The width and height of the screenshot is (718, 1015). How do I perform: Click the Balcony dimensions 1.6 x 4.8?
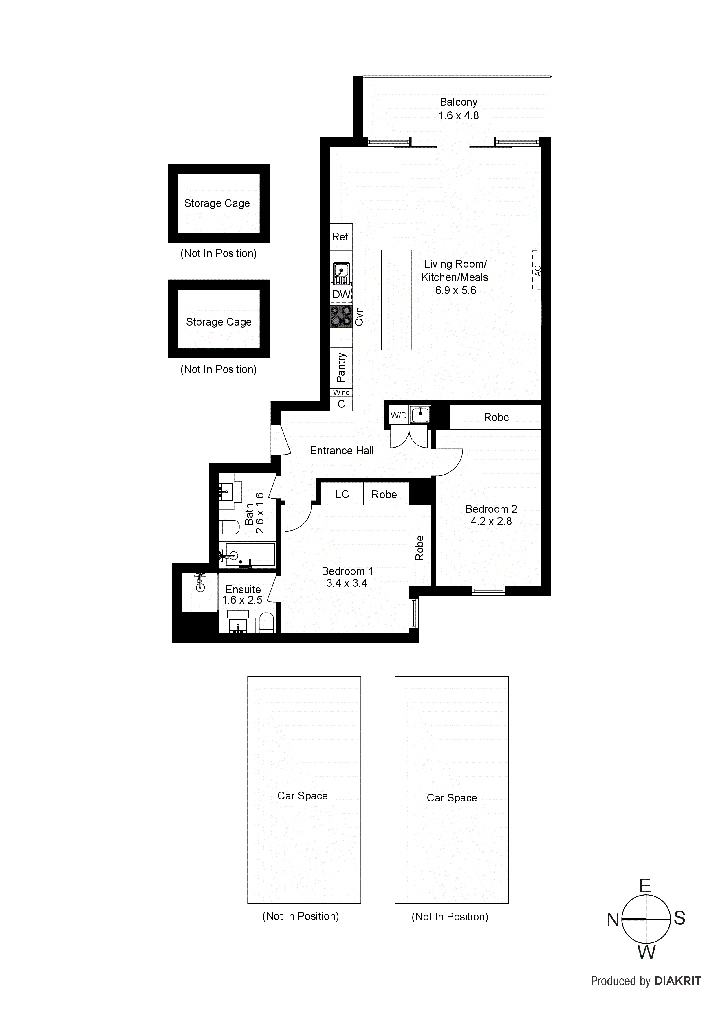point(458,116)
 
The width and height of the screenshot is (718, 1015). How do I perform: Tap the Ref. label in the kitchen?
point(341,237)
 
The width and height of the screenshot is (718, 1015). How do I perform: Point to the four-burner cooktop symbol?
point(341,317)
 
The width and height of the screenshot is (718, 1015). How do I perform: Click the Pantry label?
point(341,367)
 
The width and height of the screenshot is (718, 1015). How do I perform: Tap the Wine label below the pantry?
point(341,393)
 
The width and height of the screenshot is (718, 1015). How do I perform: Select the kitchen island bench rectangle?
point(396,300)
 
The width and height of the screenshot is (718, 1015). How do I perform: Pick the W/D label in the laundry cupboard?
point(398,415)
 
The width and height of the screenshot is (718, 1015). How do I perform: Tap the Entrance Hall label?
point(342,451)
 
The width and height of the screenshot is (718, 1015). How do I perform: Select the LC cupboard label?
point(342,494)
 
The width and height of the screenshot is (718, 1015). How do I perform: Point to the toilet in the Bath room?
point(229,527)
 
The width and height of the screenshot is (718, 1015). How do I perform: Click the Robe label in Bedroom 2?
point(496,417)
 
